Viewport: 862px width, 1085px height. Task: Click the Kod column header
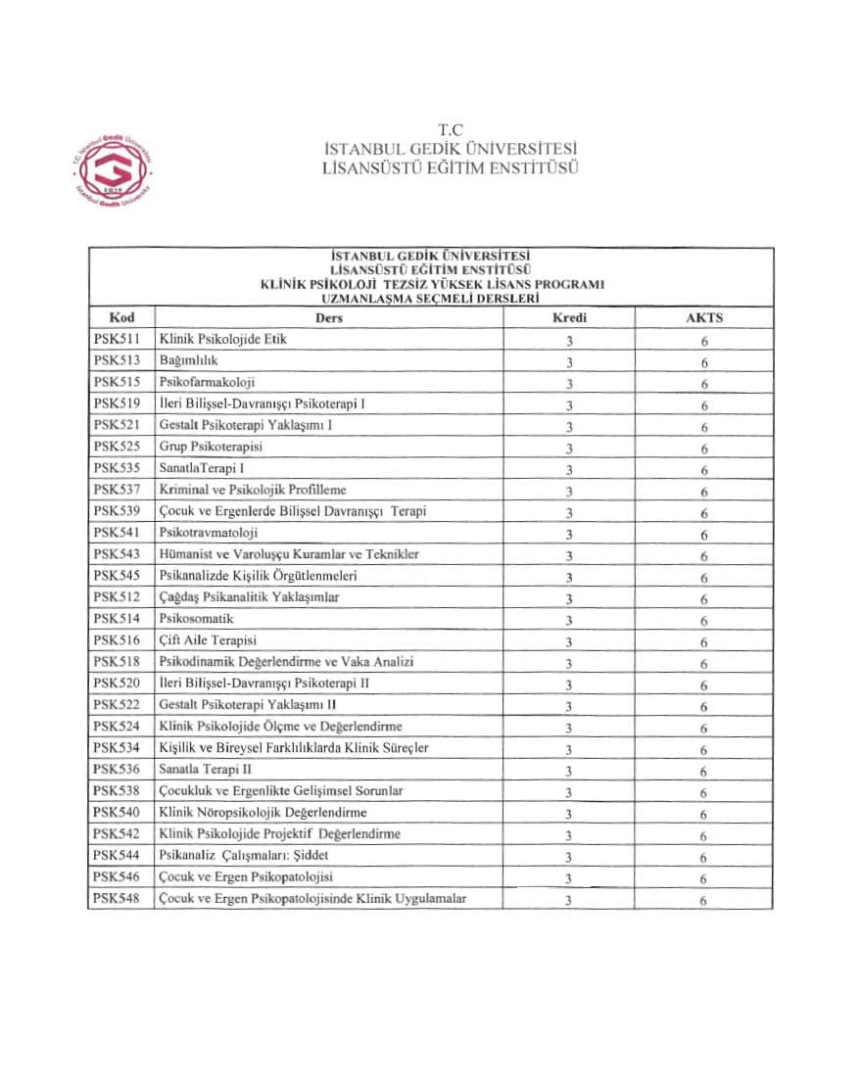(121, 318)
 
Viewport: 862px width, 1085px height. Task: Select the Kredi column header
(568, 318)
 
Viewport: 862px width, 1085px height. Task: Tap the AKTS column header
(704, 318)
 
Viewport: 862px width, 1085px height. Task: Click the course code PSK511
(117, 340)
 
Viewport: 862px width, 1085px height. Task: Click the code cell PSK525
(117, 447)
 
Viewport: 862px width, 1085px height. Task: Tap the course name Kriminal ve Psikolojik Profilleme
(252, 490)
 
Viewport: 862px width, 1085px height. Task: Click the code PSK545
(117, 576)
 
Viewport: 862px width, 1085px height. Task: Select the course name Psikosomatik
(196, 619)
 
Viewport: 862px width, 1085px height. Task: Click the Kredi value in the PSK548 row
(568, 901)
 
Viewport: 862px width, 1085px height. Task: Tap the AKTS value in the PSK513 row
(704, 363)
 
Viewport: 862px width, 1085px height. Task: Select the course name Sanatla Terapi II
(205, 770)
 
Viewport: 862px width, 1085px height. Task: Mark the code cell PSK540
(117, 813)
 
